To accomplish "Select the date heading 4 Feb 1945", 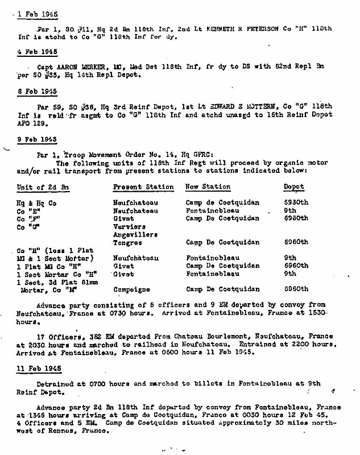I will click(x=34, y=50).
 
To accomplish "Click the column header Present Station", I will click(x=143, y=187).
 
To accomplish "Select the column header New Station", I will click(x=208, y=187).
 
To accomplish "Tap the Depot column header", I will click(x=293, y=187).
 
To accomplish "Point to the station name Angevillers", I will click(x=135, y=234).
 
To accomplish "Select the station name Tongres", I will click(x=127, y=241).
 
